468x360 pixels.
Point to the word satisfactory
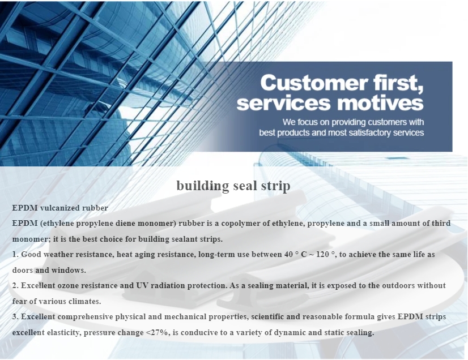pos(370,132)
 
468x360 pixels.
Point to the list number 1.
pos(15,254)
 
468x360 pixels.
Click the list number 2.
pos(15,285)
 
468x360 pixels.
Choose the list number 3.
pos(15,316)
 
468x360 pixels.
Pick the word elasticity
pos(64,332)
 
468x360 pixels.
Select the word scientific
pos(267,316)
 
